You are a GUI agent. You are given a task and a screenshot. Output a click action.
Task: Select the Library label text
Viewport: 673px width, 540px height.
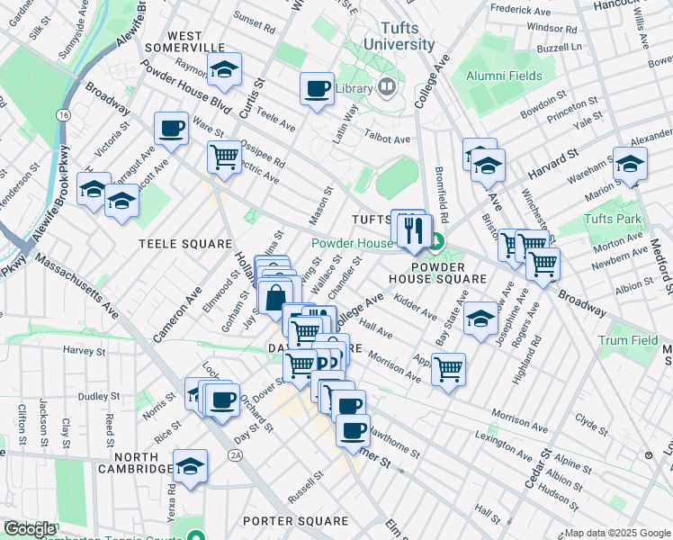point(353,88)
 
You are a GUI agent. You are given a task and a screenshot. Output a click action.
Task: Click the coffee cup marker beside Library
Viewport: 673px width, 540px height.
point(317,89)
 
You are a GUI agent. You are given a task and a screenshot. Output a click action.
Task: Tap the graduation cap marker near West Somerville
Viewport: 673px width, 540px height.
point(223,69)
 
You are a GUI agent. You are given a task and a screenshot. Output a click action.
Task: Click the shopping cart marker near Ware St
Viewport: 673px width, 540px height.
point(224,157)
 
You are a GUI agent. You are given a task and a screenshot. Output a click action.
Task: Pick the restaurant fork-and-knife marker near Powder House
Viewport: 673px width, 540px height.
point(415,230)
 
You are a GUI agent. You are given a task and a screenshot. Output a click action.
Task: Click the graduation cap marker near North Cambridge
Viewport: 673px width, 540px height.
point(191,465)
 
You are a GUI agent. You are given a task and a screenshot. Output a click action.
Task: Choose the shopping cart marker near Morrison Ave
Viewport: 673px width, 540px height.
point(448,368)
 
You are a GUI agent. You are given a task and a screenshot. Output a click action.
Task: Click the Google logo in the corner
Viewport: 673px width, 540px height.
point(29,529)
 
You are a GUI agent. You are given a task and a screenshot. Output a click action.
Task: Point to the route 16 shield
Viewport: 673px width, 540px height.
point(63,116)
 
